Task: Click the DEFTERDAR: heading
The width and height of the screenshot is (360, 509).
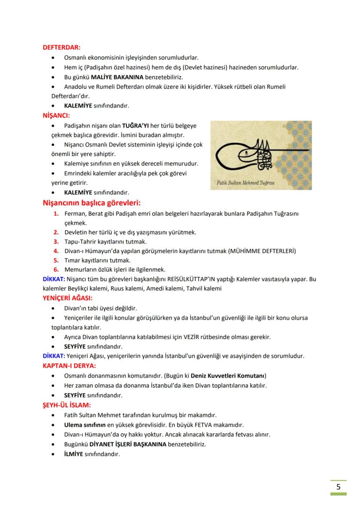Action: pyautogui.click(x=61, y=48)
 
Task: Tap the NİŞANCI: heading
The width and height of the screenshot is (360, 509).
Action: pyautogui.click(x=56, y=116)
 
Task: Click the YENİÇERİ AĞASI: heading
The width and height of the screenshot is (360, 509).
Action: pyautogui.click(x=67, y=298)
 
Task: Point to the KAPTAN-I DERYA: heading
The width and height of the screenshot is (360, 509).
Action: pyautogui.click(x=70, y=366)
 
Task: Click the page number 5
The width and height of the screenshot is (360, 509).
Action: pyautogui.click(x=338, y=486)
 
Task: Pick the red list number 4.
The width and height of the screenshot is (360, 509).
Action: pyautogui.click(x=56, y=251)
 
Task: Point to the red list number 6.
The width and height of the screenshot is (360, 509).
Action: pyautogui.click(x=56, y=269)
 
